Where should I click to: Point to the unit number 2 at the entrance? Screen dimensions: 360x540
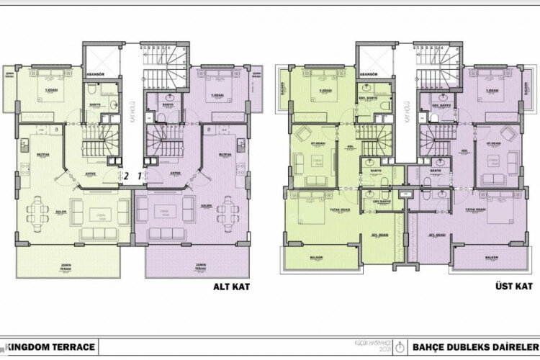click(x=125, y=174)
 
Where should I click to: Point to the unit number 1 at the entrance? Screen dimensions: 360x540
click(x=140, y=174)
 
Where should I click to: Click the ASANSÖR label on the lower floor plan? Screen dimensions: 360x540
click(x=97, y=73)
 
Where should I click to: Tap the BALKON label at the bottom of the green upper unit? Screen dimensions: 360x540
click(x=317, y=257)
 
